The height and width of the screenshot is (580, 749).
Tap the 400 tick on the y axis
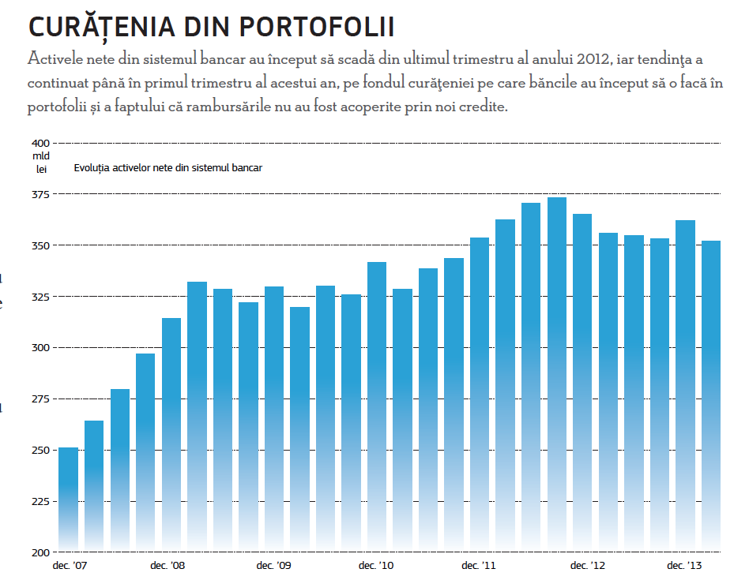(40, 143)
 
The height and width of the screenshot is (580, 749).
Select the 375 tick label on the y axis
(40, 194)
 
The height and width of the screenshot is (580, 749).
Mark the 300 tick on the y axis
(40, 347)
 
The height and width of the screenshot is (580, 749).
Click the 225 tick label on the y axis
(40, 501)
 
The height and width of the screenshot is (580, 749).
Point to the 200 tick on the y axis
(40, 552)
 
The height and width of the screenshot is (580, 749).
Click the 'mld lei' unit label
(41, 162)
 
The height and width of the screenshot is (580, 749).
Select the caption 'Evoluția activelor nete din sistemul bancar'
(167, 168)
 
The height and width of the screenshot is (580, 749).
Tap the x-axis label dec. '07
(69, 566)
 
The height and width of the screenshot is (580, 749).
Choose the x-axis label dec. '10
(376, 566)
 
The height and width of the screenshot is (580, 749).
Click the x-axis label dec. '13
(684, 566)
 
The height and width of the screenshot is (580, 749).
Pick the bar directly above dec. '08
(171, 434)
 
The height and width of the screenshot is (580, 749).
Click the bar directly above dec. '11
(480, 395)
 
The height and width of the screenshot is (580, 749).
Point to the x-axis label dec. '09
(274, 566)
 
